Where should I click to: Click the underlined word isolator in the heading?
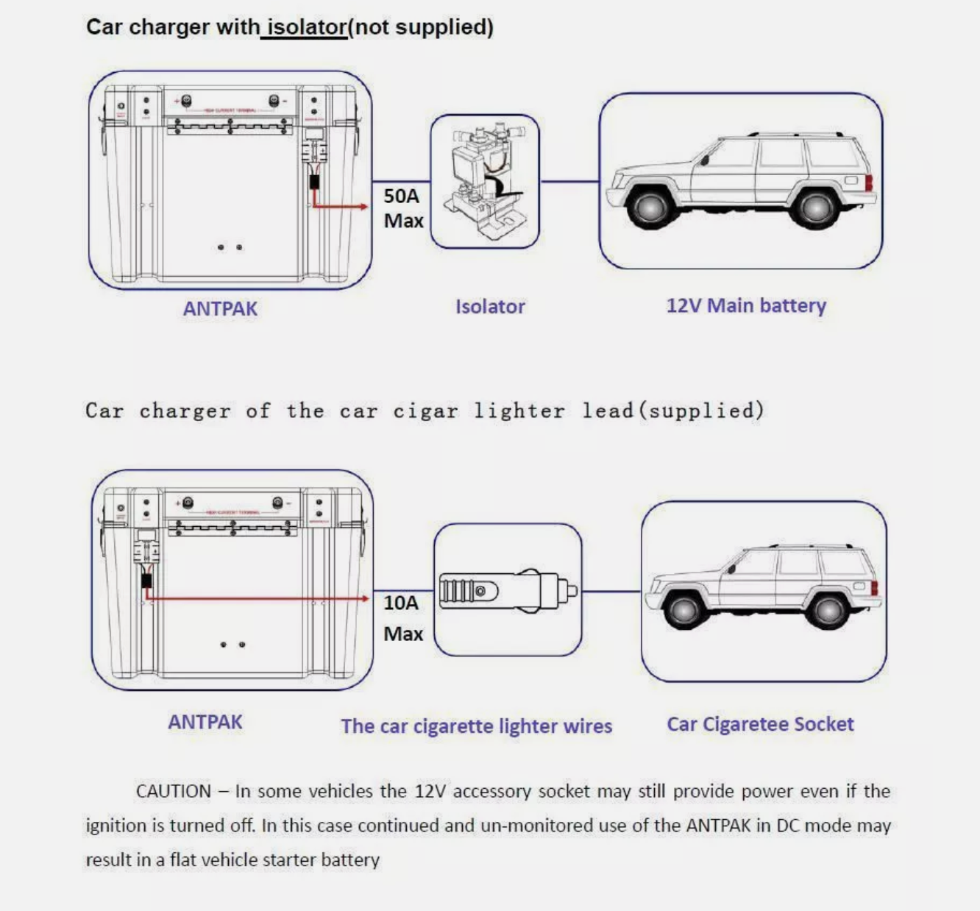click(306, 27)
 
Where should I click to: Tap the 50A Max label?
click(402, 208)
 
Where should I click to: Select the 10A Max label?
click(402, 617)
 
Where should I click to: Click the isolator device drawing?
click(485, 182)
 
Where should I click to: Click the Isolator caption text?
click(490, 307)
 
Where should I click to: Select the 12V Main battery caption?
click(746, 305)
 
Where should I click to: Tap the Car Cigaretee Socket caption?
click(760, 724)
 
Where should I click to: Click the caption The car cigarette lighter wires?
click(476, 726)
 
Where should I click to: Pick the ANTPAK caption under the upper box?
click(220, 308)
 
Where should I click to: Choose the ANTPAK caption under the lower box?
click(205, 722)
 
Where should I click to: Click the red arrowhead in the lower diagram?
click(365, 599)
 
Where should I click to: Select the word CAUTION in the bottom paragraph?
click(174, 791)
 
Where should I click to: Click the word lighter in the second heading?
click(519, 411)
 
